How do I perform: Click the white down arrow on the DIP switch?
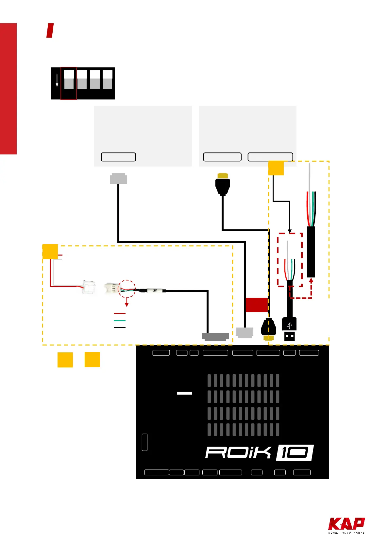pyautogui.click(x=57, y=81)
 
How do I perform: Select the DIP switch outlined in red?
pyautogui.click(x=69, y=83)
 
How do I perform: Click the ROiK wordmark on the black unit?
pyautogui.click(x=238, y=453)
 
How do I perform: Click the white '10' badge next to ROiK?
pyautogui.click(x=295, y=453)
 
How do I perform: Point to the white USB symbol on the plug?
pyautogui.click(x=289, y=326)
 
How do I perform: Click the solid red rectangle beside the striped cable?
pyautogui.click(x=257, y=305)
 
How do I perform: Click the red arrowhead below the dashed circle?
pyautogui.click(x=127, y=305)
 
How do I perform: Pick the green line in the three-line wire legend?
pyautogui.click(x=120, y=321)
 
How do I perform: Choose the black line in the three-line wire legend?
pyautogui.click(x=120, y=328)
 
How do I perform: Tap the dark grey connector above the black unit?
pyautogui.click(x=215, y=337)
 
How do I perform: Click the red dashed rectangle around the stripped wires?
pyautogui.click(x=290, y=260)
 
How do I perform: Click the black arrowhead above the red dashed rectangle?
pyautogui.click(x=290, y=231)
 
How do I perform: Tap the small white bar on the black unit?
pyautogui.click(x=184, y=393)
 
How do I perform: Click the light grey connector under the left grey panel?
pyautogui.click(x=118, y=179)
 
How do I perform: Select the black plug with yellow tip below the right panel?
pyautogui.click(x=223, y=185)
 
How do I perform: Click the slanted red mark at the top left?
pyautogui.click(x=50, y=30)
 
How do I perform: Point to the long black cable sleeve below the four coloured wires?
pyautogui.click(x=311, y=252)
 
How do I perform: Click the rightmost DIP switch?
pyautogui.click(x=108, y=80)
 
